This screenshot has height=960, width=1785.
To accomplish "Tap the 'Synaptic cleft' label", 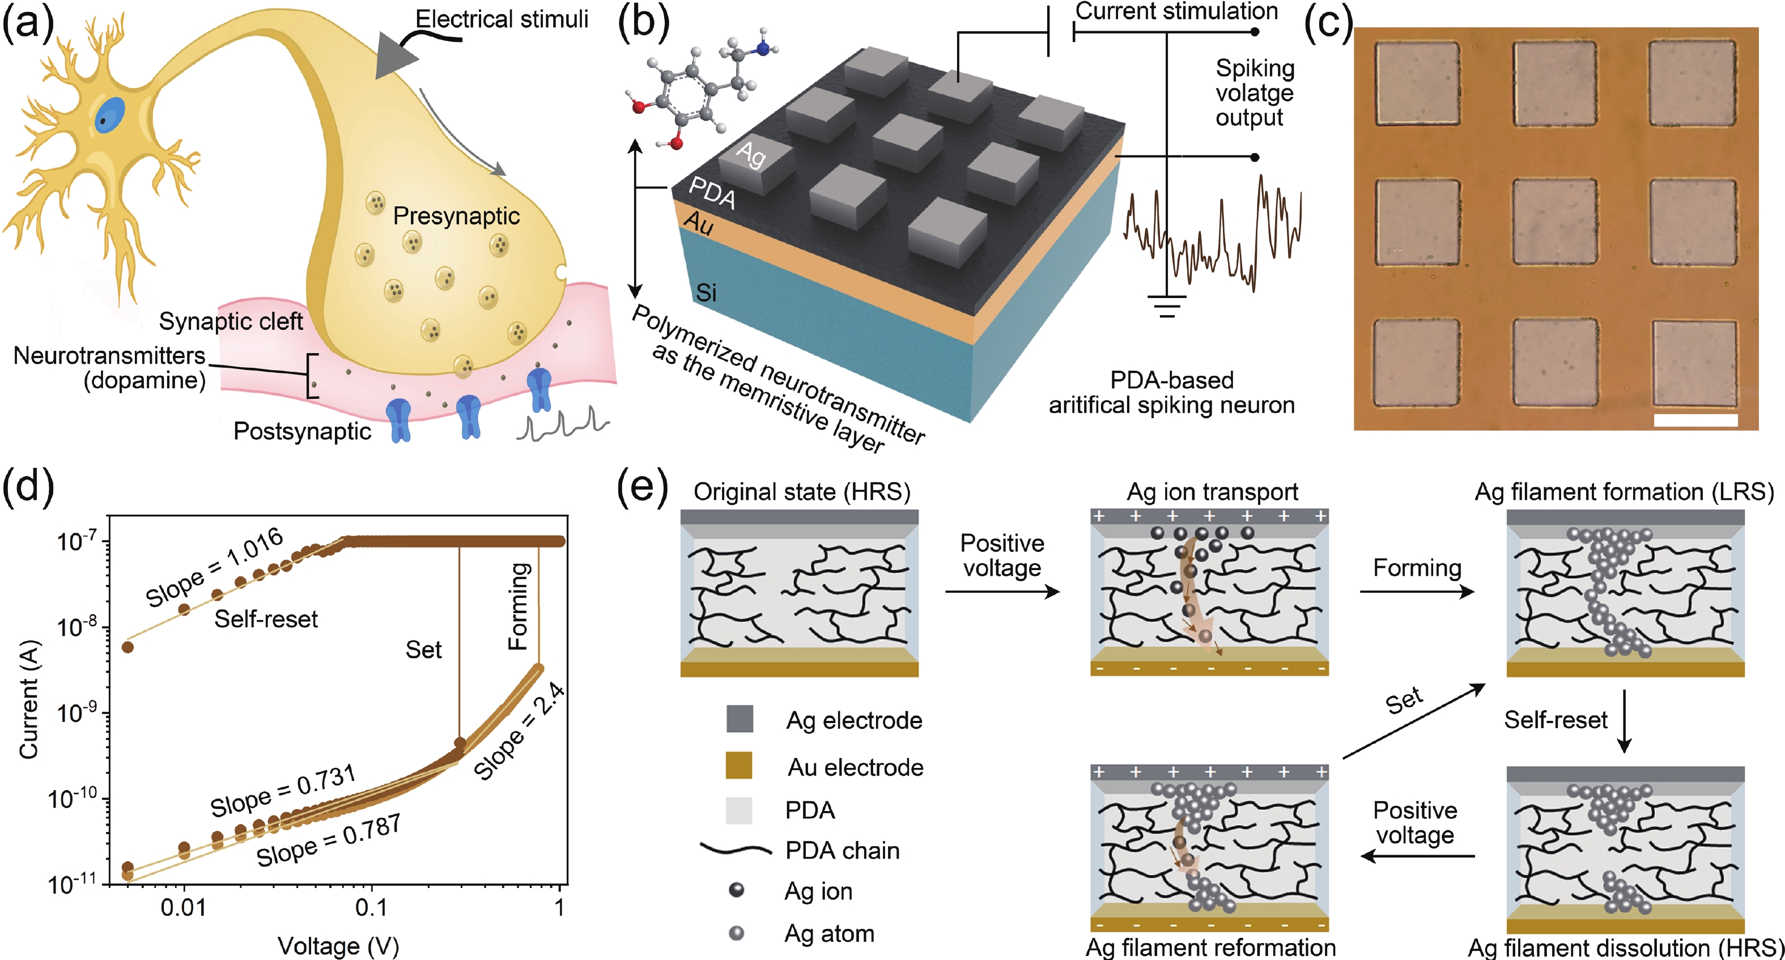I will tap(231, 321).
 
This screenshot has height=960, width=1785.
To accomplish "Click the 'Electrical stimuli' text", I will tap(501, 19).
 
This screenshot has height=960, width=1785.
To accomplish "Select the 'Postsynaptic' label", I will tap(302, 431).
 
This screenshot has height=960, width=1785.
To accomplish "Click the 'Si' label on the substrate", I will tap(706, 293).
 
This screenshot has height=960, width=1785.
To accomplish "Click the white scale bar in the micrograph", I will tap(1695, 420).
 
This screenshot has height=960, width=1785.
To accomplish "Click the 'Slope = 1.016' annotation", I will tap(214, 566).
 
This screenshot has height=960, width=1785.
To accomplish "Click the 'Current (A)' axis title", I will tap(29, 700).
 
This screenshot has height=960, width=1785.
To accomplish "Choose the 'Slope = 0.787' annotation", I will tap(329, 841).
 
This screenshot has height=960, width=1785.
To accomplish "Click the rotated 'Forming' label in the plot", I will tap(519, 606).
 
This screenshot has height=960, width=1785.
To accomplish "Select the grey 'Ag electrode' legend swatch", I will tap(739, 719).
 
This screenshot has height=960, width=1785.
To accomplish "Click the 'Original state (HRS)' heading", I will tap(802, 492).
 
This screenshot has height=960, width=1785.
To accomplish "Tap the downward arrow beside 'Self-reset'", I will tap(1623, 721).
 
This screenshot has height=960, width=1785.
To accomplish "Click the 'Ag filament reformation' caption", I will tap(1210, 948).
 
